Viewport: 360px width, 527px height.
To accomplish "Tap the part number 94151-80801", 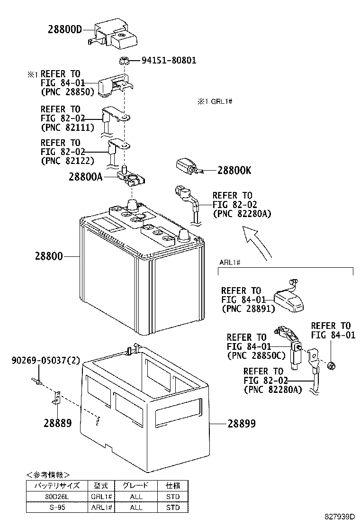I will (169, 61).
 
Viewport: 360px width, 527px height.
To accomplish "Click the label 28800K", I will (234, 171).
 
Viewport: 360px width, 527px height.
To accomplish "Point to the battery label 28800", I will (48, 256).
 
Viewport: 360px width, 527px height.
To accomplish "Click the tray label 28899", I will (241, 424).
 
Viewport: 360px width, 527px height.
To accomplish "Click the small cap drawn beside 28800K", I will (186, 166).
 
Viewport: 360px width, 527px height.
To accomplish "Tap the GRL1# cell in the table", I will (101, 497).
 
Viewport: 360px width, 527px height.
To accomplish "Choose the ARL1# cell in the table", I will (101, 508).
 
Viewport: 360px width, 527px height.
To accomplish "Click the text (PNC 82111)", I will (67, 127).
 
